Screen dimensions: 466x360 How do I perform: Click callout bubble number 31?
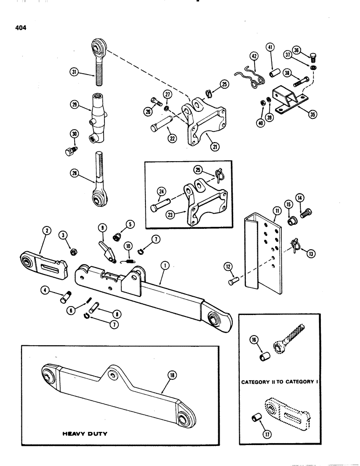(x=74, y=72)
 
